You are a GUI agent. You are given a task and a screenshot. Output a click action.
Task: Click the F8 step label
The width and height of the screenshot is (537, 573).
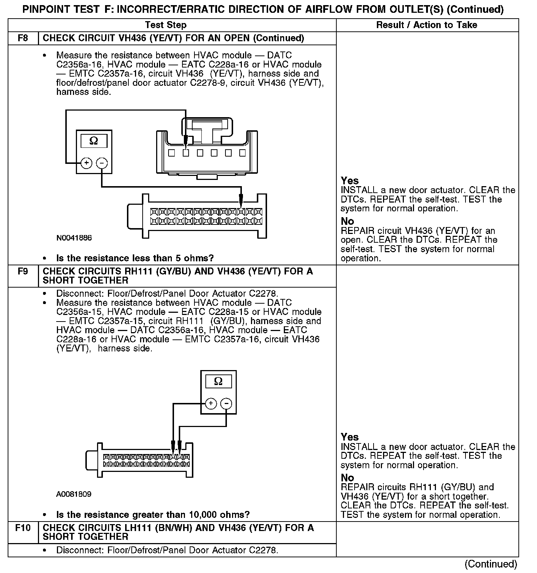tap(23, 38)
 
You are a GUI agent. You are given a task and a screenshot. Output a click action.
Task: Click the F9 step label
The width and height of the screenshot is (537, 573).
tap(23, 271)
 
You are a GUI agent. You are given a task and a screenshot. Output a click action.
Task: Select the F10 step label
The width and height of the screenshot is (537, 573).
tap(23, 527)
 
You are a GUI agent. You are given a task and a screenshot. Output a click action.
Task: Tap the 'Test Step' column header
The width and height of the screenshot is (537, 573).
tap(166, 25)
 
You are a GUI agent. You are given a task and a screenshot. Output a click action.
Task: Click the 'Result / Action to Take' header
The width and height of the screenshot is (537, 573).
tap(426, 25)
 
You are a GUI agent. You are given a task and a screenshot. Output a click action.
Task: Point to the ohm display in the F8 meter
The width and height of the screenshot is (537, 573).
tap(93, 141)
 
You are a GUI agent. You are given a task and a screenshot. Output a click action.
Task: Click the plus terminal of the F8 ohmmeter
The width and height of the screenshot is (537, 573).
tap(86, 163)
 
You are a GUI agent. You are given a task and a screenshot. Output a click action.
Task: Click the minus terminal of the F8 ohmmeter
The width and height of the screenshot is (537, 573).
tap(102, 163)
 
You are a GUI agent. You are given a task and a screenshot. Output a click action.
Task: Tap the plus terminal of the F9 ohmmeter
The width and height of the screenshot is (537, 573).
tap(211, 403)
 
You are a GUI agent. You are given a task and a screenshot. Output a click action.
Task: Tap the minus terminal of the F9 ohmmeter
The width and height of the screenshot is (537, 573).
tap(227, 403)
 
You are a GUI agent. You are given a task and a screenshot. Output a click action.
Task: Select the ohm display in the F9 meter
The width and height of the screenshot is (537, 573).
tap(218, 381)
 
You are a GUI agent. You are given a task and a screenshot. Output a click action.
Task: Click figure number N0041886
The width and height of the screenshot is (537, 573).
tap(74, 238)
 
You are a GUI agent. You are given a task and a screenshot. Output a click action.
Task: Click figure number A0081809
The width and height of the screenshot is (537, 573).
tap(74, 494)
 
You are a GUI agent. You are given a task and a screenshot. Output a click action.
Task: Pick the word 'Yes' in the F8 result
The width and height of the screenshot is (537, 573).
tap(349, 180)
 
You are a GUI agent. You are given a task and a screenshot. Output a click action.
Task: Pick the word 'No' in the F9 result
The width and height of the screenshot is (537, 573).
tap(347, 477)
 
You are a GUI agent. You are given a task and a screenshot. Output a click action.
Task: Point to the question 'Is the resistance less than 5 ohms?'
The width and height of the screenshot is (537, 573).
tap(135, 258)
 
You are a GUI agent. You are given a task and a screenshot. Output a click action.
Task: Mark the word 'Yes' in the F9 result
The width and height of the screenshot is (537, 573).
tap(349, 437)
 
